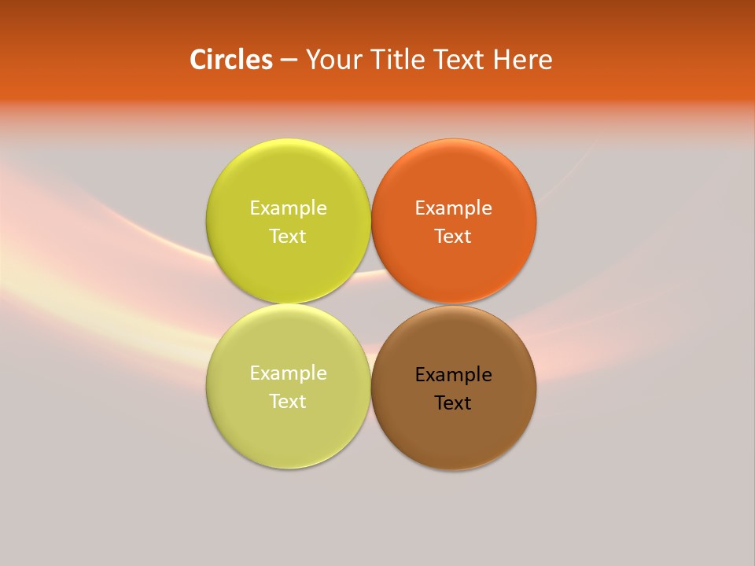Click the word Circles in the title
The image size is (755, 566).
pos(230,60)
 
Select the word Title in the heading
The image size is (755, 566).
pos(398,60)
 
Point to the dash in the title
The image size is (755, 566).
pos(289,61)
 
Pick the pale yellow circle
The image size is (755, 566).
pos(288,432)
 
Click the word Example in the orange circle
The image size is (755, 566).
pos(453,208)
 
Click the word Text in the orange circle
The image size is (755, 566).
pos(453,237)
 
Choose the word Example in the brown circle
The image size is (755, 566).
pos(453,375)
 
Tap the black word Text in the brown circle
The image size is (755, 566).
pos(453,403)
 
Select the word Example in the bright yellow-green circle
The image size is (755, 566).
pos(288,208)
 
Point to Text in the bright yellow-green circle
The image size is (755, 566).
pos(288,237)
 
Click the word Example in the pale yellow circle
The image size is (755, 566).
pos(288,373)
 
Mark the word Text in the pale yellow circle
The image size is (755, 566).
pos(288,402)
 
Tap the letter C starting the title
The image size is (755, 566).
pos(198,60)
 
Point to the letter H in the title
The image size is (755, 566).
pos(502,60)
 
